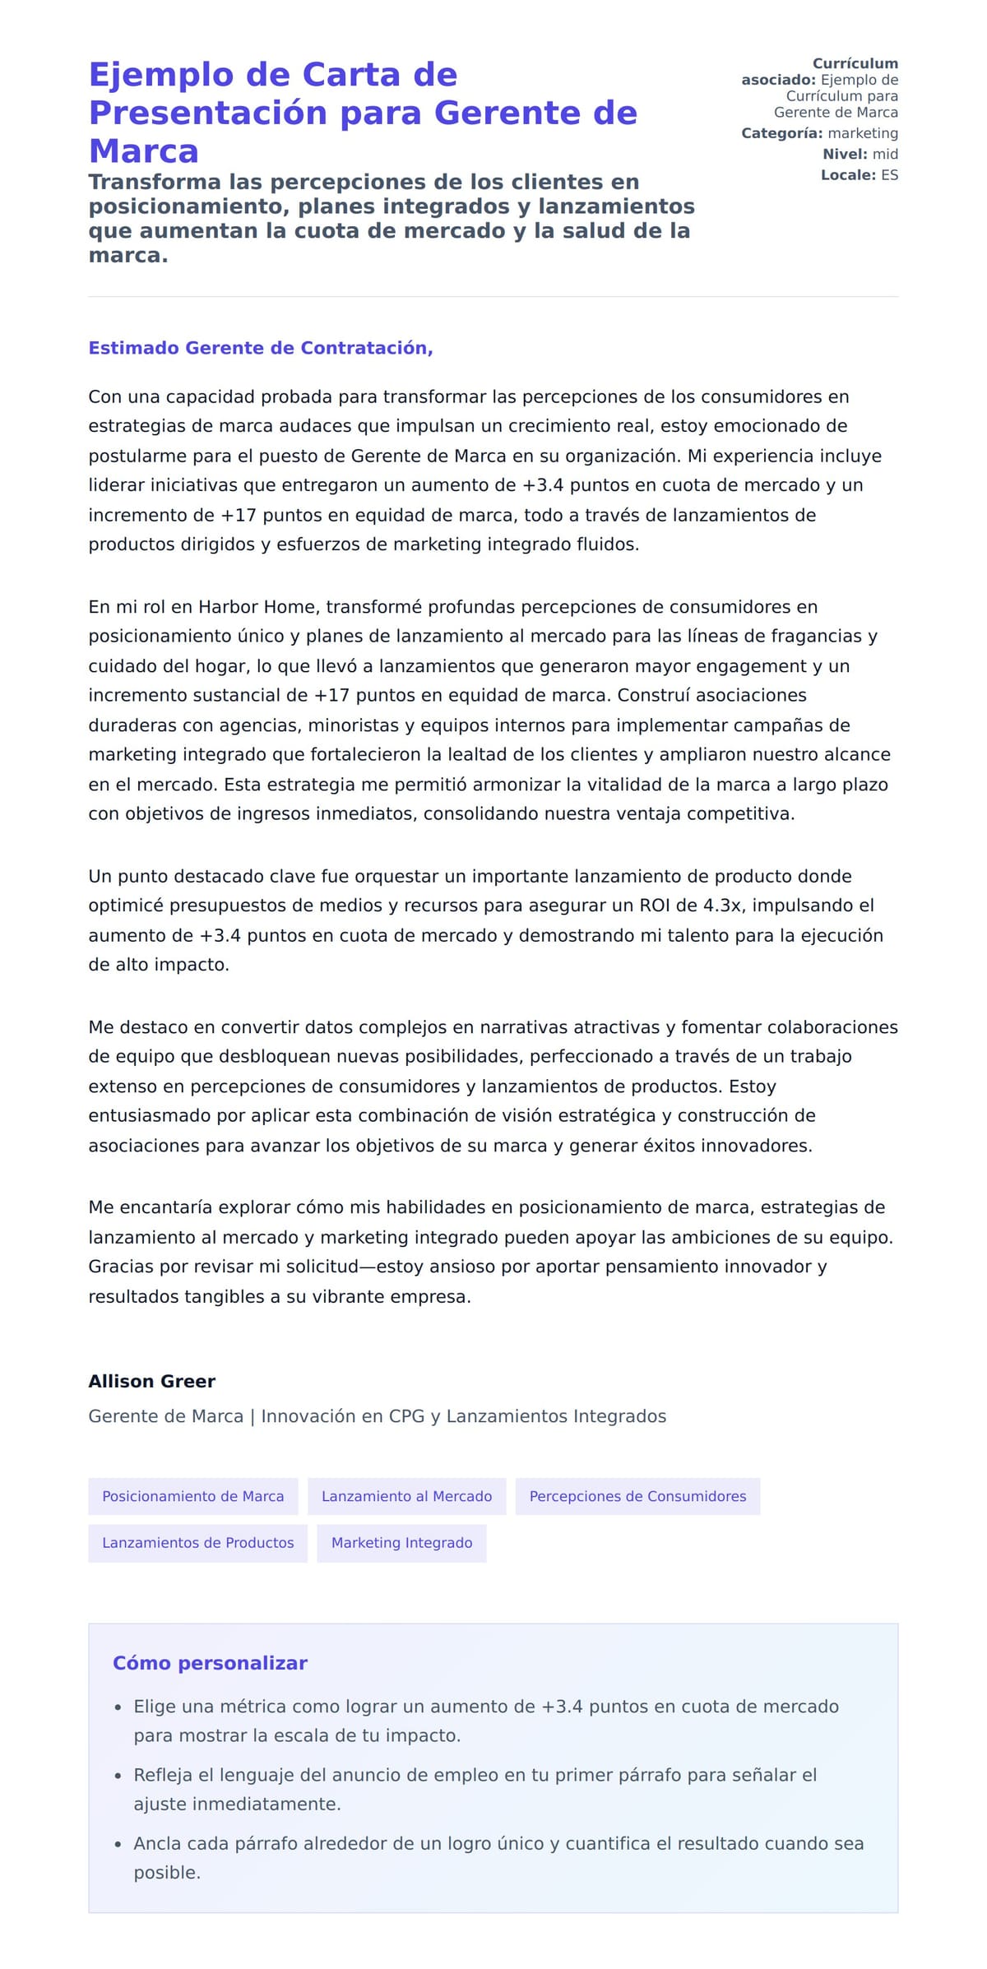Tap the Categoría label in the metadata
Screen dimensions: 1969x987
click(781, 133)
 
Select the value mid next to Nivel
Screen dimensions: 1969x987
click(885, 154)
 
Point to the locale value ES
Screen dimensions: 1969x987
click(889, 175)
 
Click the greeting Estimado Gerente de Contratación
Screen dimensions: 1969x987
click(261, 348)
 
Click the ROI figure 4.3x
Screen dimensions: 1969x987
click(722, 906)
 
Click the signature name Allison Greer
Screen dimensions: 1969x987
click(152, 1382)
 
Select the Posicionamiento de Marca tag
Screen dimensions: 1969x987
click(193, 1496)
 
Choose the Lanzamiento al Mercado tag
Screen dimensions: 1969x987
click(407, 1496)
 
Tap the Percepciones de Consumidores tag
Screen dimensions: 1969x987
click(637, 1496)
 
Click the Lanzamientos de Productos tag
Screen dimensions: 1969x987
click(197, 1543)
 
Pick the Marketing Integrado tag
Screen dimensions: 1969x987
click(401, 1543)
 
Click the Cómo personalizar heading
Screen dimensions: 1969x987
click(210, 1663)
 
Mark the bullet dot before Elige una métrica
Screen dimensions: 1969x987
click(118, 1707)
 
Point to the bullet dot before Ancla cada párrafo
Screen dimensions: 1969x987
click(118, 1845)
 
